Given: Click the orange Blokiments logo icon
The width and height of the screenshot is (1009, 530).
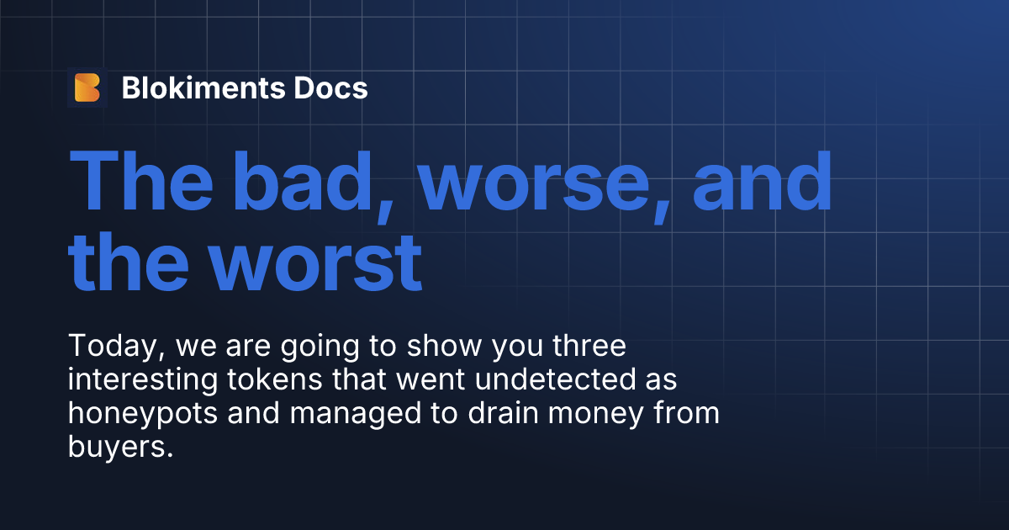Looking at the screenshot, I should (87, 87).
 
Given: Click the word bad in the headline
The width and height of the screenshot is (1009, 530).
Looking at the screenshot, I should (316, 182).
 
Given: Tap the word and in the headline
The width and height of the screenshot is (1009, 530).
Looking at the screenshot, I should (762, 182).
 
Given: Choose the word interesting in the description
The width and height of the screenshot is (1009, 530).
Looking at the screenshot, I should (140, 381).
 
